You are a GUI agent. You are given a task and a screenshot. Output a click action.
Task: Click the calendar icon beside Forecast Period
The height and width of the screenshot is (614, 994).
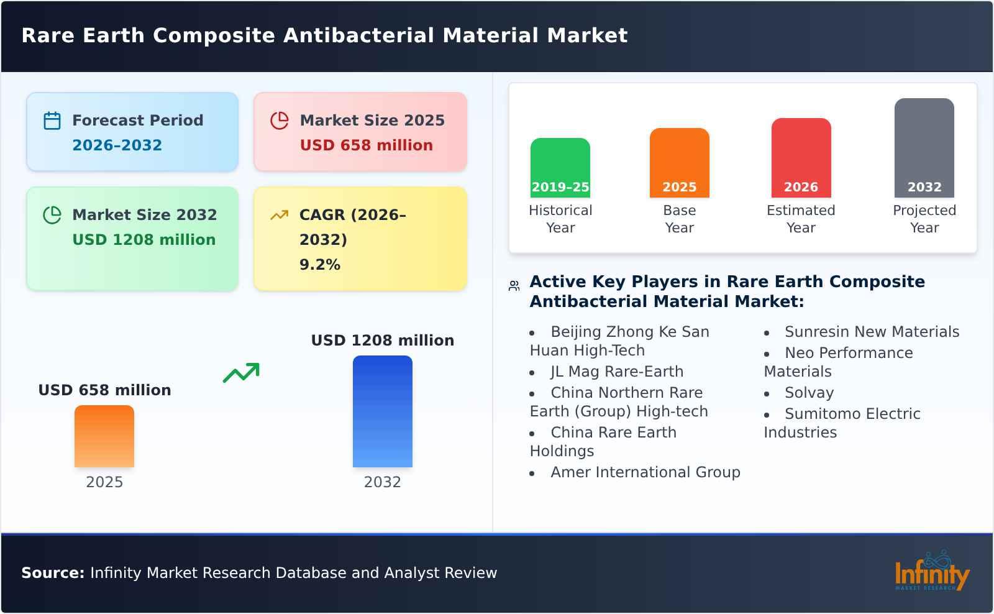click(52, 121)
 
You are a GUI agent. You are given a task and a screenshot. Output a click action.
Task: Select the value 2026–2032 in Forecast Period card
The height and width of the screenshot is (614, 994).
click(117, 145)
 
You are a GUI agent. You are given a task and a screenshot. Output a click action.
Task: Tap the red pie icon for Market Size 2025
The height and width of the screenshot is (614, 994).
click(280, 121)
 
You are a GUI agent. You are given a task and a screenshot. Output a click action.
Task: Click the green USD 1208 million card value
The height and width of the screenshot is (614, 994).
click(144, 240)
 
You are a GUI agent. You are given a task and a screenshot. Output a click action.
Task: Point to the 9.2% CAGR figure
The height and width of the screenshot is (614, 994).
click(319, 265)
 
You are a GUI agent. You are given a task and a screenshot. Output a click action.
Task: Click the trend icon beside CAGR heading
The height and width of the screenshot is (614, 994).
click(279, 215)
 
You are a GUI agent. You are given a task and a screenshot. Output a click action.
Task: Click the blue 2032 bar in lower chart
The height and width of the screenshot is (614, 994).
click(382, 411)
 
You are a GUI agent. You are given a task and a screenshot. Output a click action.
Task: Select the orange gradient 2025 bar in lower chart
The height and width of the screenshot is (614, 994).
click(104, 436)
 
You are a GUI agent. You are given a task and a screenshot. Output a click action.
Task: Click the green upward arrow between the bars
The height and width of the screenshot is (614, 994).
click(241, 373)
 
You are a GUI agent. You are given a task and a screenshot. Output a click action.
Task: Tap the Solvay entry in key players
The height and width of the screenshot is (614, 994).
click(808, 393)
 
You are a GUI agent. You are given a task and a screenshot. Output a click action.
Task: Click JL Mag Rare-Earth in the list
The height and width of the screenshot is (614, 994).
click(616, 372)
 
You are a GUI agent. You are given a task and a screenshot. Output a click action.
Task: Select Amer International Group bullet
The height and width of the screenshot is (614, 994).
click(645, 472)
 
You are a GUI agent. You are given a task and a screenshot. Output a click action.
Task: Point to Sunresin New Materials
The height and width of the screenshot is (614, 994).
click(872, 332)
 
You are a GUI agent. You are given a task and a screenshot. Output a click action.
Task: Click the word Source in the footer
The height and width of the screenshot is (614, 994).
click(52, 573)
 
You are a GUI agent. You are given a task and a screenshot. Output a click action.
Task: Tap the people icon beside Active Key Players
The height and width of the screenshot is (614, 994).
click(514, 286)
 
